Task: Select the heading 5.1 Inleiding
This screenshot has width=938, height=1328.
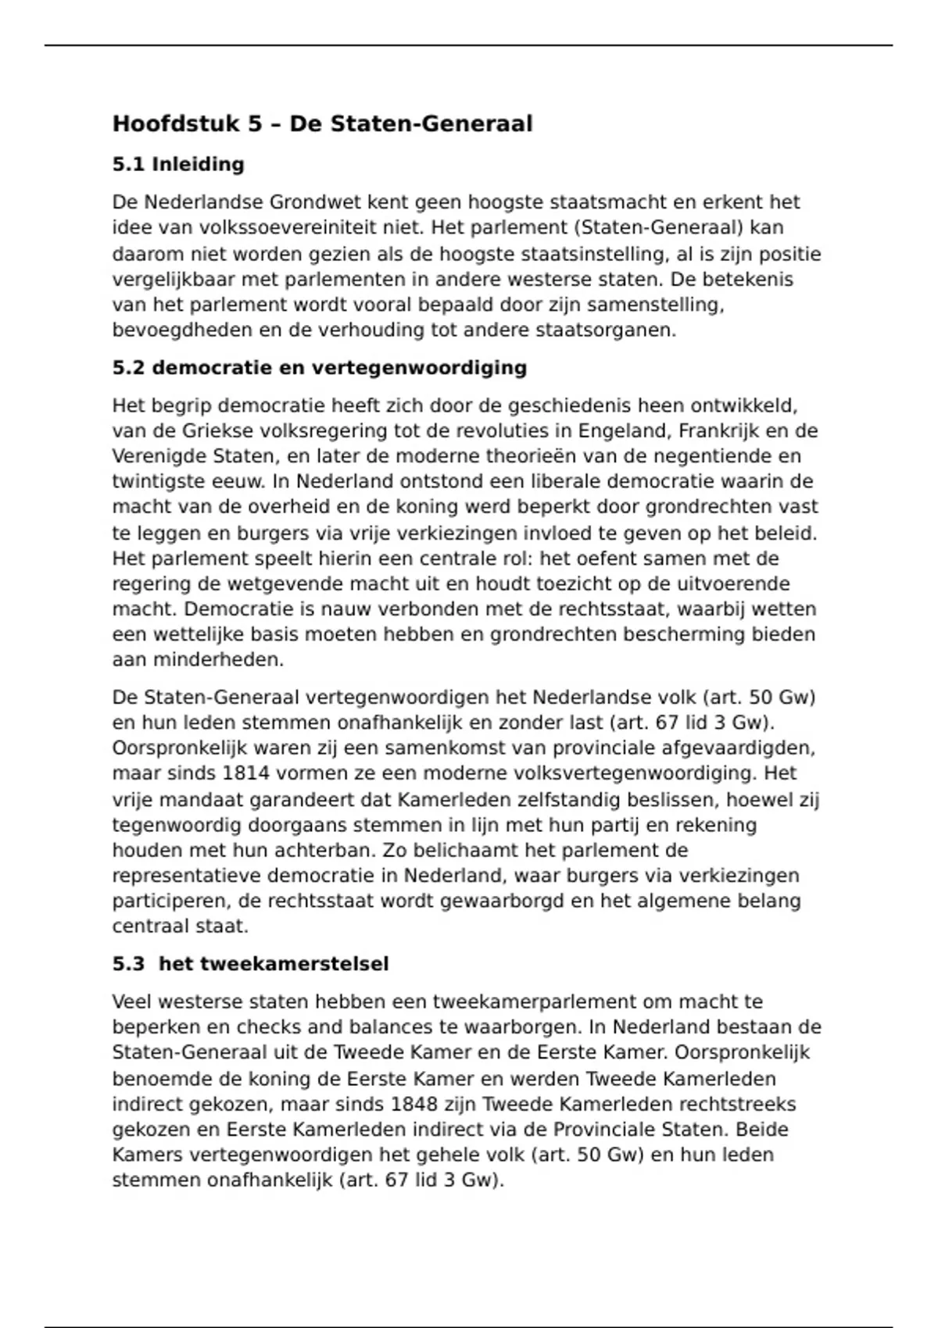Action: click(x=178, y=165)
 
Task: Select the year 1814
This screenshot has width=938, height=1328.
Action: click(x=247, y=773)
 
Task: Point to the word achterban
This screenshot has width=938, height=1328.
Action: click(x=323, y=850)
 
